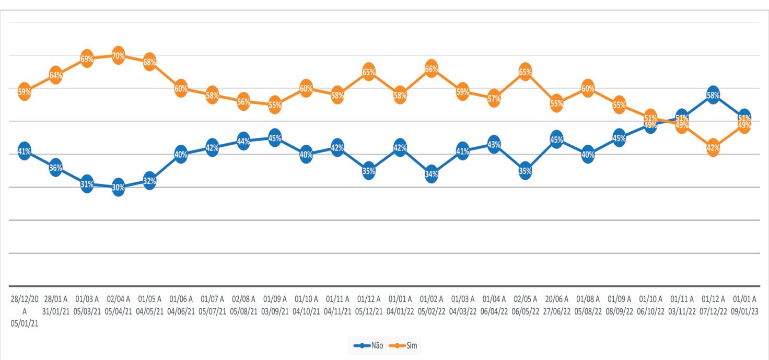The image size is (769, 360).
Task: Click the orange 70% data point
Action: pyautogui.click(x=119, y=56)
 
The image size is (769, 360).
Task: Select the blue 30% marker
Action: pyautogui.click(x=119, y=187)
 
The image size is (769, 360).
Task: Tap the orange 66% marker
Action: pyautogui.click(x=432, y=68)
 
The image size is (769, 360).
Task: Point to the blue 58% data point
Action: pyautogui.click(x=713, y=95)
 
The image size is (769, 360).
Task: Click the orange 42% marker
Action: pyautogui.click(x=713, y=148)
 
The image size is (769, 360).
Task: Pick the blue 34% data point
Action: pyautogui.click(x=432, y=174)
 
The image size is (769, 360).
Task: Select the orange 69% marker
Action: pyautogui.click(x=87, y=59)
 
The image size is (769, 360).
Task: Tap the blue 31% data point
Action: pyautogui.click(x=87, y=184)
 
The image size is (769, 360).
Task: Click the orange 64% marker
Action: pyautogui.click(x=55, y=75)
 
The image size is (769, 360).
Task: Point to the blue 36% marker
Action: pyautogui.click(x=55, y=167)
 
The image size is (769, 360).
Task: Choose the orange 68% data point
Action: pyautogui.click(x=150, y=62)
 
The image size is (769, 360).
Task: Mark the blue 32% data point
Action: pyautogui.click(x=150, y=181)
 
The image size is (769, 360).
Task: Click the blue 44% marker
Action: pyautogui.click(x=244, y=141)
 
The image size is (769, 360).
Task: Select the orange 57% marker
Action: pyautogui.click(x=494, y=99)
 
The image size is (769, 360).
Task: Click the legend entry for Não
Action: pyautogui.click(x=368, y=345)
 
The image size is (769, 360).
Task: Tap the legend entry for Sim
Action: pyautogui.click(x=403, y=345)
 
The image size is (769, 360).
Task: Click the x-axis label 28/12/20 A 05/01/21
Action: pyautogui.click(x=25, y=311)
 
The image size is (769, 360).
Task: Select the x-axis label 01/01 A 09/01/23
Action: pyautogui.click(x=744, y=305)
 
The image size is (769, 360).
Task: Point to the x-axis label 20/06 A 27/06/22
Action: pyautogui.click(x=556, y=305)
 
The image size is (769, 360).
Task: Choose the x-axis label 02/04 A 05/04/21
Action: pyautogui.click(x=119, y=305)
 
